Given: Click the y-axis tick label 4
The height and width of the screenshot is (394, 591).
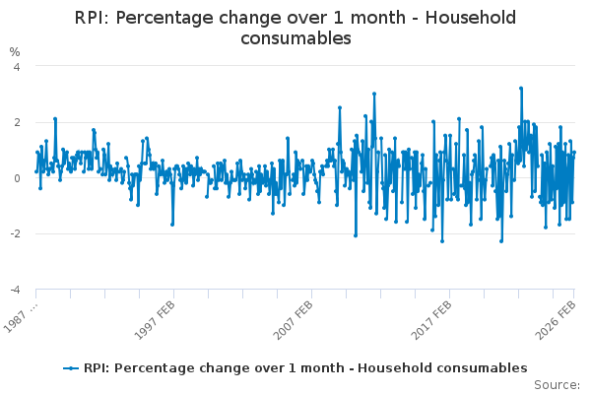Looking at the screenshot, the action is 17,67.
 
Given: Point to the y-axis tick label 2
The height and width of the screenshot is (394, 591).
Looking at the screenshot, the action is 17,122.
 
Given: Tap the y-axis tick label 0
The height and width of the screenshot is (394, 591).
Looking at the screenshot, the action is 17,178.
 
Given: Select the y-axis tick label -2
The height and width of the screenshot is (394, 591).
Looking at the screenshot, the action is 15,233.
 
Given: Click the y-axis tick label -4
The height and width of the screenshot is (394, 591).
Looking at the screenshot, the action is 15,290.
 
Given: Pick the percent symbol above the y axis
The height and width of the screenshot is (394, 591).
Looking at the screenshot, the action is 15,52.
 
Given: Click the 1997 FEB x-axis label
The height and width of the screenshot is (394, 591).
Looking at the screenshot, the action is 155,320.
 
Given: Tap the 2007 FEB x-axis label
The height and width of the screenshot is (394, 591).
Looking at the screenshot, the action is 293,320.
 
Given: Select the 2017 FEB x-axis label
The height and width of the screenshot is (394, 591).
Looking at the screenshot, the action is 430,320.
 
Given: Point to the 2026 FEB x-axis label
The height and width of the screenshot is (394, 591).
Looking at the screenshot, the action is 556,320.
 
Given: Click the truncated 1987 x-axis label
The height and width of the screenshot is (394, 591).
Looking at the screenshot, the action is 21,317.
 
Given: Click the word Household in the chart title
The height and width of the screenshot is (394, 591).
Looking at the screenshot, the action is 471,18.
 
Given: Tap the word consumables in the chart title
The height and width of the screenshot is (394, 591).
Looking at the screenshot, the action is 295,38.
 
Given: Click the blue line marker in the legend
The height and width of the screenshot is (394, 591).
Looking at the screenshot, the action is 71,368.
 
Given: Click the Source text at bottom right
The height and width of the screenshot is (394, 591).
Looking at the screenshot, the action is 557,385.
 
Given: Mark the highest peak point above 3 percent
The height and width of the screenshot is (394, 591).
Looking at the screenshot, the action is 521,89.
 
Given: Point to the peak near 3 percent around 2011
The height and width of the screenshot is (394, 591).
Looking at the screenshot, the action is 374,94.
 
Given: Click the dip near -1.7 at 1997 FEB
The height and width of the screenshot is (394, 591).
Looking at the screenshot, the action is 172,225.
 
